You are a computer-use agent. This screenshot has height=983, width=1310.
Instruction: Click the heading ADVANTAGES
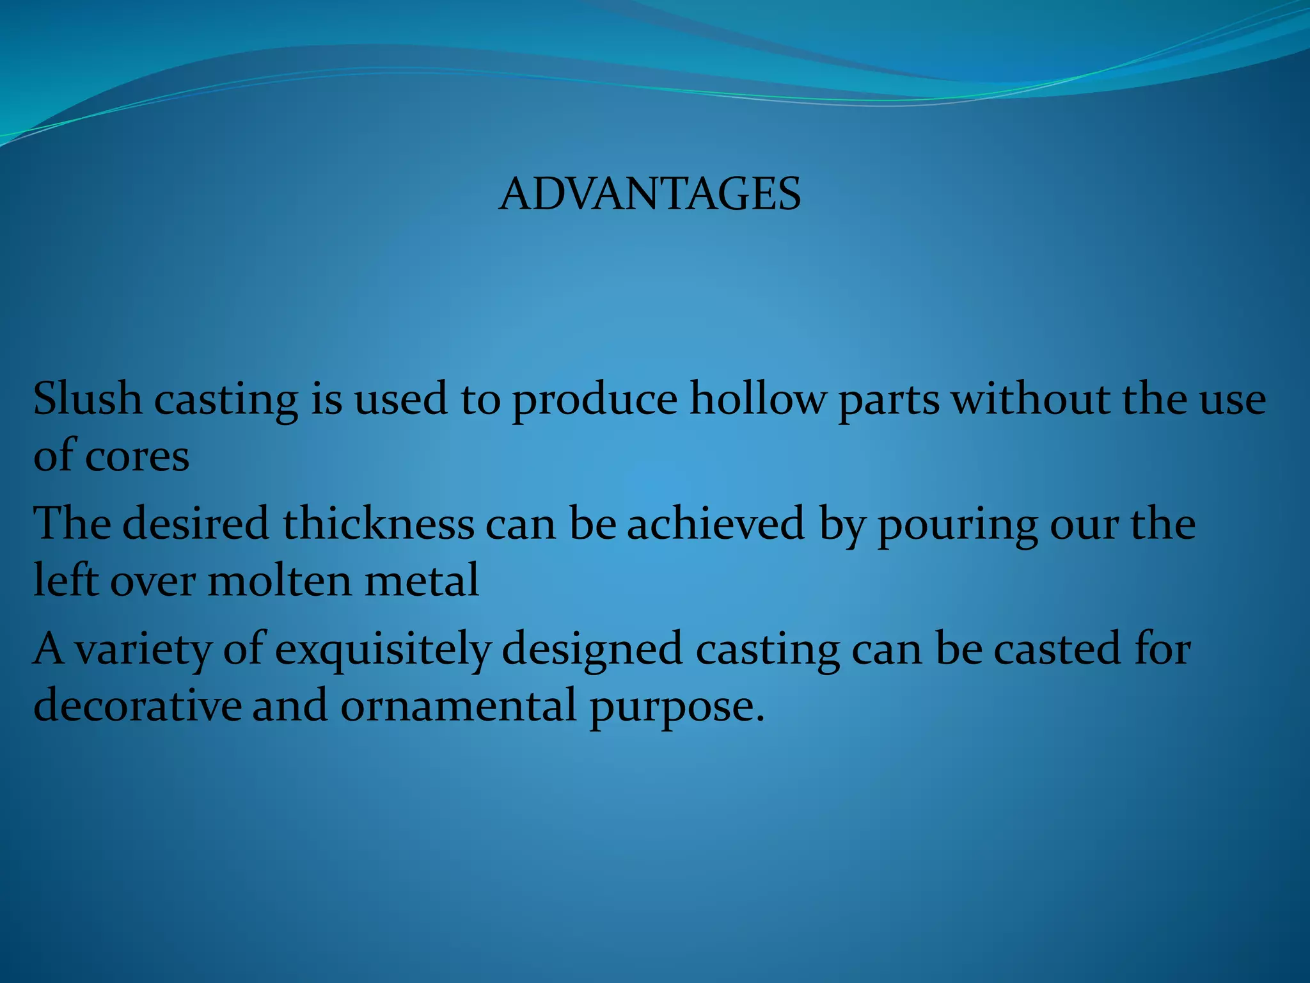point(649,194)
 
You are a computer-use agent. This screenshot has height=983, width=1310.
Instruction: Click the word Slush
point(87,399)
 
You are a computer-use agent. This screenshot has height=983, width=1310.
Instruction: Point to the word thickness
point(379,523)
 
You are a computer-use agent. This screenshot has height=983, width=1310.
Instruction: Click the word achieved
point(715,523)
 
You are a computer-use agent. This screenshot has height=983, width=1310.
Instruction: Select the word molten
point(279,580)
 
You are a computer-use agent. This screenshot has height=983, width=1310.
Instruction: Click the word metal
point(422,580)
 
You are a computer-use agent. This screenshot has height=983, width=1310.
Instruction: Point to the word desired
point(196,523)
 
